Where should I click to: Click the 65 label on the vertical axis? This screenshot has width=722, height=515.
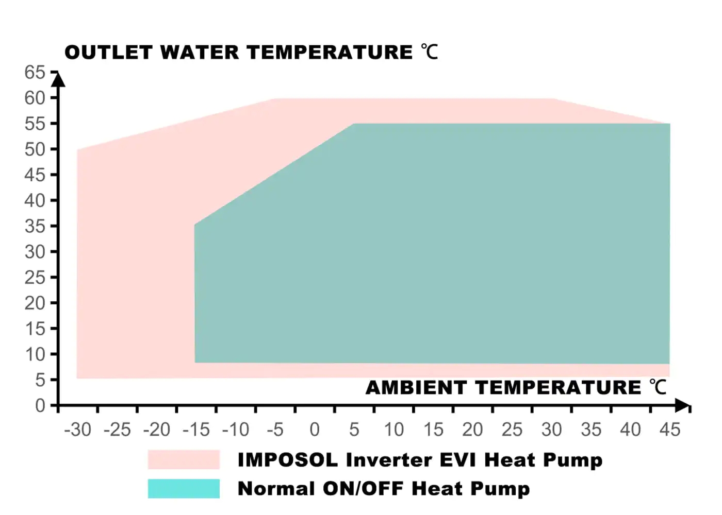click(35, 72)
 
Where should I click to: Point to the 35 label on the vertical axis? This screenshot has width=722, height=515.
click(35, 226)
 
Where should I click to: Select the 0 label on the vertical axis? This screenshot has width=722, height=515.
click(40, 406)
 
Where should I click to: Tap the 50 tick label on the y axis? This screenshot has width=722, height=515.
click(35, 149)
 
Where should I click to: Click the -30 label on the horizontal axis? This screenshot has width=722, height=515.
click(77, 430)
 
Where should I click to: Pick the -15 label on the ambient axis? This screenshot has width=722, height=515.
click(196, 430)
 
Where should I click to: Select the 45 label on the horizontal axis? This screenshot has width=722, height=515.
click(670, 430)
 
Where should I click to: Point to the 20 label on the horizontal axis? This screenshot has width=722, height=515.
click(472, 430)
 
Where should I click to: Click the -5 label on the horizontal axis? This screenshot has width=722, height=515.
click(275, 430)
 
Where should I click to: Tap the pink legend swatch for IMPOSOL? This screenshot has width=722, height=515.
click(184, 459)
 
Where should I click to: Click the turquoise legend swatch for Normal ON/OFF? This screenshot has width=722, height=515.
click(184, 488)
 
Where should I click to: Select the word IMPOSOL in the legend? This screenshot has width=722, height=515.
click(287, 459)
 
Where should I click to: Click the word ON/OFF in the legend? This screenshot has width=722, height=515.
click(363, 488)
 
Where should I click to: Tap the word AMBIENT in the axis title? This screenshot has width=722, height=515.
click(416, 387)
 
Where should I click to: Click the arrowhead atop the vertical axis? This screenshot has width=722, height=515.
click(58, 79)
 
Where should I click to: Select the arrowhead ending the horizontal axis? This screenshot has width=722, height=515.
click(682, 405)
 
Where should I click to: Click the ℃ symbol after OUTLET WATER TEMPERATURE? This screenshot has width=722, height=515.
click(429, 52)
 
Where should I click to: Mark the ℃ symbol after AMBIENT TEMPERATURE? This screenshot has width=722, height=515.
click(658, 387)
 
